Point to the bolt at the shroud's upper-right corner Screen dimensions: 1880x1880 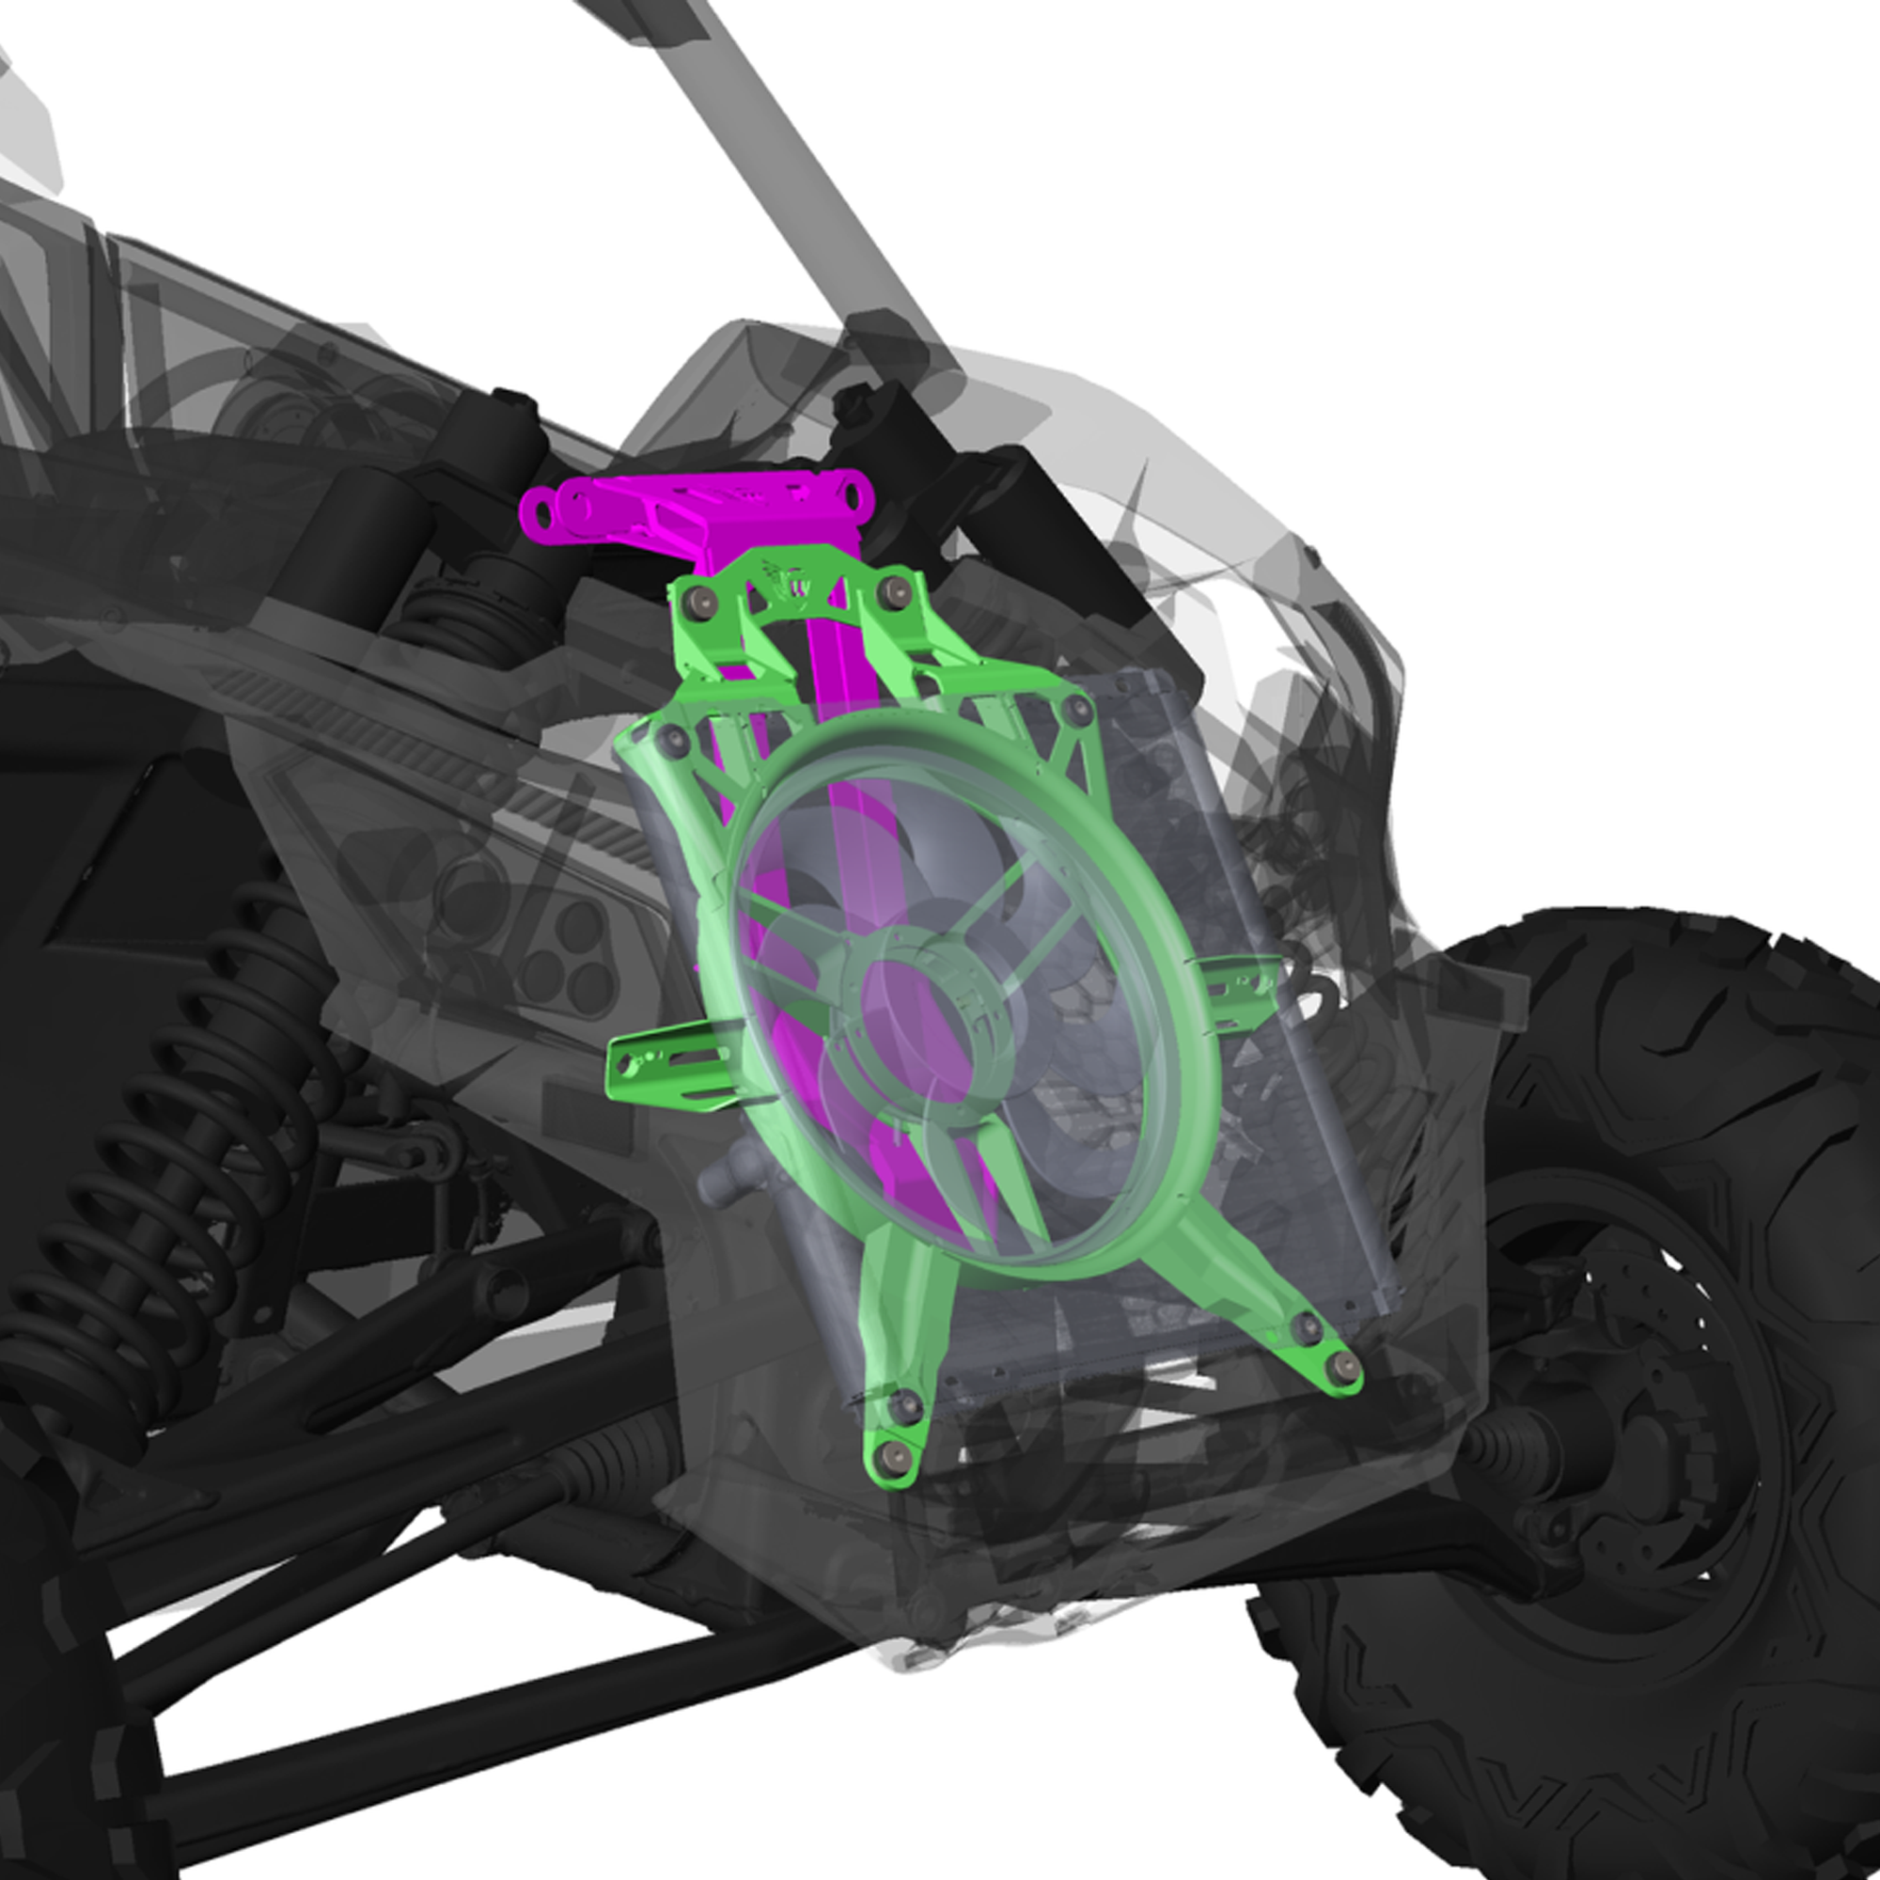pyautogui.click(x=1077, y=709)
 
